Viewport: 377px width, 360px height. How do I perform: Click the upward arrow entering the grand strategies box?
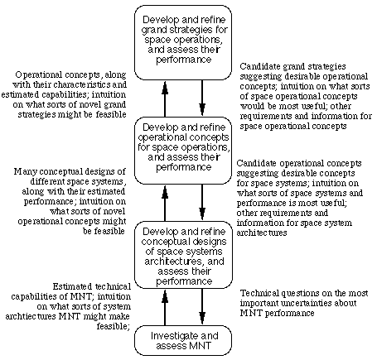(x=165, y=98)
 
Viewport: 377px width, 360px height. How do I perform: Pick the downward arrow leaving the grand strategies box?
(x=202, y=98)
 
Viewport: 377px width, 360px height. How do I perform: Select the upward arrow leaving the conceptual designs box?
(x=165, y=203)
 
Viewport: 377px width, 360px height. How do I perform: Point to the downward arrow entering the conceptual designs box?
(x=202, y=202)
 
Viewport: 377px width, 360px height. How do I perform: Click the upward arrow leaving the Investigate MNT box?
(x=165, y=307)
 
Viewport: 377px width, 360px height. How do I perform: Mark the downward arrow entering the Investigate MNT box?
(x=202, y=306)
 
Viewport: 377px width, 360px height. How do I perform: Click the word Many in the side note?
(x=22, y=172)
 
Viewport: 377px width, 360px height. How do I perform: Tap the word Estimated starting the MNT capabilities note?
(x=72, y=286)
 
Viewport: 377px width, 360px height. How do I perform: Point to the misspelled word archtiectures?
(x=31, y=316)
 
